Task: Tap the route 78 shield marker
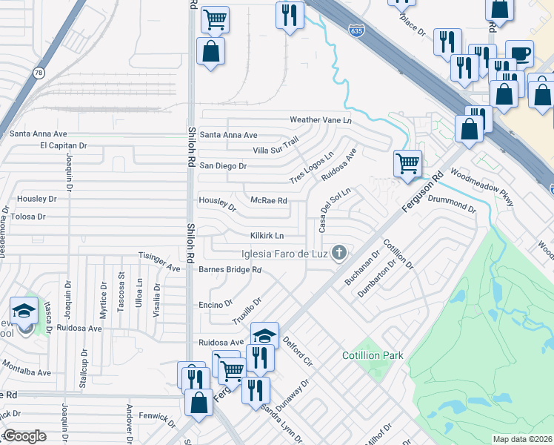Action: point(39,73)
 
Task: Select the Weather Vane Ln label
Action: point(320,119)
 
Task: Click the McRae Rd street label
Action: point(269,200)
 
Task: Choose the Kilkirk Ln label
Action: point(267,236)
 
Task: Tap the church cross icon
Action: point(339,254)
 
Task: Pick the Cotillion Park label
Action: point(373,356)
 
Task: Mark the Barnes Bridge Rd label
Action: point(230,269)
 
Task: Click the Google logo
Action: point(24,436)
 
